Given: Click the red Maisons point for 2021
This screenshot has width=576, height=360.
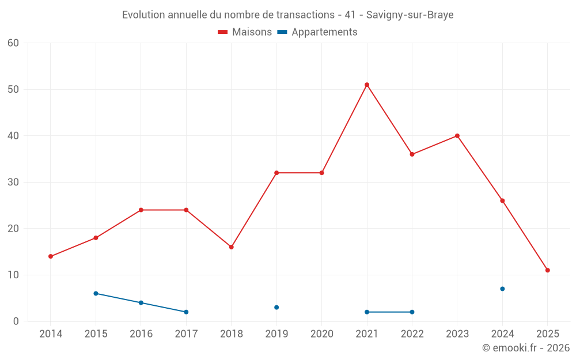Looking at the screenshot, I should [367, 85].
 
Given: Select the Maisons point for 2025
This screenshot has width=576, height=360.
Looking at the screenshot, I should [548, 270].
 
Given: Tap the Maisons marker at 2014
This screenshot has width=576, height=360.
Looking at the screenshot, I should [51, 256].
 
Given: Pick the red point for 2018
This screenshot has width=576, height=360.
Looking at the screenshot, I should [232, 247].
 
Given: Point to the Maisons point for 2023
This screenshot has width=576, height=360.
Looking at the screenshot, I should [457, 136].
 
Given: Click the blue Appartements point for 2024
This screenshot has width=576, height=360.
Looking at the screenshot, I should [502, 289].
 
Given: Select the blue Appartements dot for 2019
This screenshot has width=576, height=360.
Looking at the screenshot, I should [276, 308].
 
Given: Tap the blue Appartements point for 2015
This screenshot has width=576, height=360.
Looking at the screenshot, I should [96, 293].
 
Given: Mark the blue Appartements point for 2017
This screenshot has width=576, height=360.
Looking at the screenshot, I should [186, 312].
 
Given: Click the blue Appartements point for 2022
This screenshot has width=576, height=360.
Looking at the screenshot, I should [412, 312].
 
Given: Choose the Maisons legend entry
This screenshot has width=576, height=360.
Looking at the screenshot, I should [245, 32].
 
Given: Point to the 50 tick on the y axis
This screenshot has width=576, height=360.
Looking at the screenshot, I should [13, 89].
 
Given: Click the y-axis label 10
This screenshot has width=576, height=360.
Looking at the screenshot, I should [13, 275].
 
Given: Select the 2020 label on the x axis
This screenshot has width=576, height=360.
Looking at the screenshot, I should [321, 334].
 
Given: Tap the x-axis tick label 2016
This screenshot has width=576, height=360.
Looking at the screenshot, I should [141, 334].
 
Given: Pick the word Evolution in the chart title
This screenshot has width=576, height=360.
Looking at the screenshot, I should [143, 15].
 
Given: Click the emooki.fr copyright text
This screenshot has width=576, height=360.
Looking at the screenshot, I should [525, 348].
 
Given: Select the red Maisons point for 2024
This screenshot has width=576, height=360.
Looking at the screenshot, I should [502, 200].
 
